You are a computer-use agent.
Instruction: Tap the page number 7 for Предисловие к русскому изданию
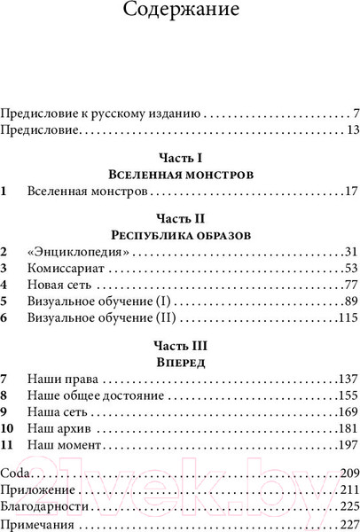pyautogui.click(x=354, y=114)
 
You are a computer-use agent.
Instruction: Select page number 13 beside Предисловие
pyautogui.click(x=350, y=131)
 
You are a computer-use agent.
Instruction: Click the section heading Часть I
pyautogui.click(x=180, y=159)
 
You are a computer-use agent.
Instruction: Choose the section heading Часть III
pyautogui.click(x=180, y=345)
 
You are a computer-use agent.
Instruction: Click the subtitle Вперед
pyautogui.click(x=180, y=363)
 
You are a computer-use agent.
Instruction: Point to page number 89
pyautogui.click(x=349, y=301)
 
